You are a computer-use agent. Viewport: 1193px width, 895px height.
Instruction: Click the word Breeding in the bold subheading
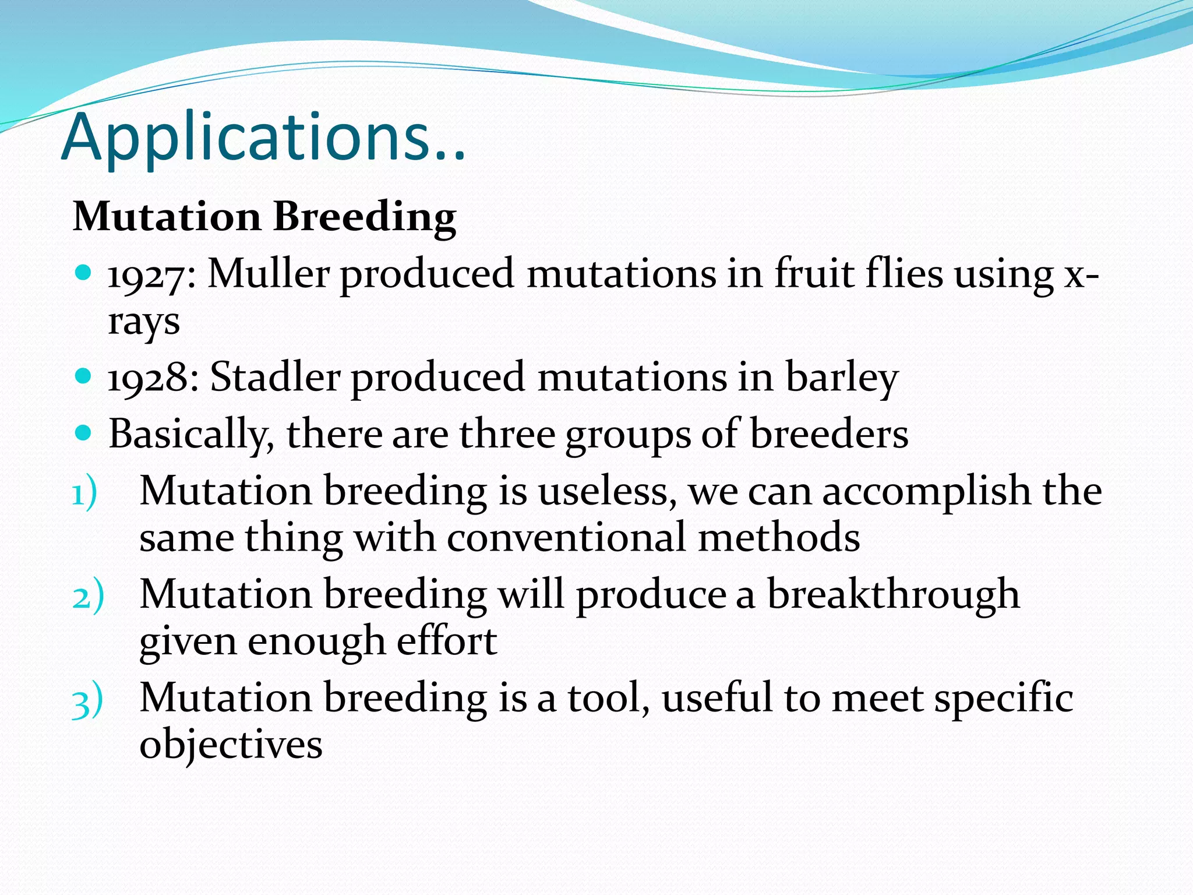click(x=364, y=217)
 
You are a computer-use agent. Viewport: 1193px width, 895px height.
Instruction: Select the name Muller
click(x=269, y=273)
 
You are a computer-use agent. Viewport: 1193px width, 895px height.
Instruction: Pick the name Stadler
click(x=275, y=377)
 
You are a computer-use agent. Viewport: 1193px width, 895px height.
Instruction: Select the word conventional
click(x=566, y=537)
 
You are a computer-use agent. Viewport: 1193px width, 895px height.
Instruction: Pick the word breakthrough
click(x=893, y=596)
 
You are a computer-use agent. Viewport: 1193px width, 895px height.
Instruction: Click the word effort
click(x=447, y=641)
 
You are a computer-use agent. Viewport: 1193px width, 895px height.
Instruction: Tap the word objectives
click(x=231, y=745)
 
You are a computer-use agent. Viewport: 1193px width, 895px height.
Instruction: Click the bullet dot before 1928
click(x=84, y=376)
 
